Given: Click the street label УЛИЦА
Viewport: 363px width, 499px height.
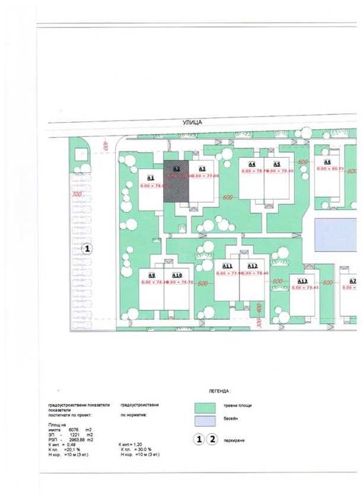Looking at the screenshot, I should click(x=193, y=123).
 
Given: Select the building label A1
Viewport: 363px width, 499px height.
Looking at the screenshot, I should click(x=151, y=178).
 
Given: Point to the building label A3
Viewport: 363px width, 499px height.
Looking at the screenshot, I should click(x=202, y=168).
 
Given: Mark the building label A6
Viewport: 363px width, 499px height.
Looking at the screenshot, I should click(x=327, y=162).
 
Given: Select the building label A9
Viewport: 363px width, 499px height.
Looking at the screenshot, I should click(x=151, y=276).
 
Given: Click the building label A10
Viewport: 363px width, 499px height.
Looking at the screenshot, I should click(x=177, y=276).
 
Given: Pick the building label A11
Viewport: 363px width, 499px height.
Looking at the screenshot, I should click(x=227, y=266).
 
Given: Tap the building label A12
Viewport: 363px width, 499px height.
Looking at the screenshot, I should click(x=252, y=266).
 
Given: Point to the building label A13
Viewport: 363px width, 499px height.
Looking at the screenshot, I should click(x=302, y=281).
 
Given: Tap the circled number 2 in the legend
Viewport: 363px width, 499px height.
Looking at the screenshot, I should click(x=211, y=440).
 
